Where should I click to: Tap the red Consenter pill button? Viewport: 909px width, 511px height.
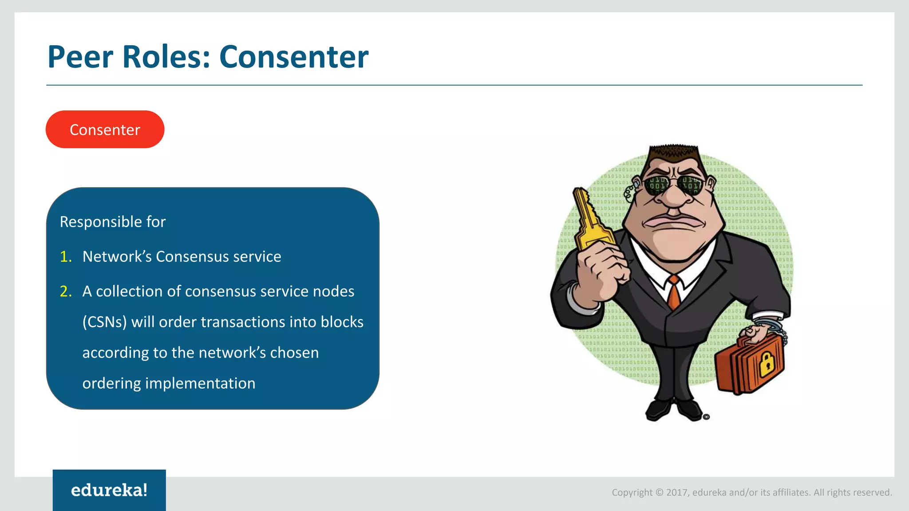click(x=105, y=130)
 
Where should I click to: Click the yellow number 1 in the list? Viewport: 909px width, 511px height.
click(x=66, y=256)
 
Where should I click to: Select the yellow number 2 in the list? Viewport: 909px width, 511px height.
click(x=66, y=291)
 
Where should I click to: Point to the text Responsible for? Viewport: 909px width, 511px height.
click(x=113, y=222)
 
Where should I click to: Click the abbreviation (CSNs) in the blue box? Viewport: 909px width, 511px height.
click(x=105, y=322)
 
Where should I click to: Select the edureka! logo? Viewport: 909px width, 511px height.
click(x=109, y=490)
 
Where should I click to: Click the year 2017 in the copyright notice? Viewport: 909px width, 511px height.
click(x=676, y=492)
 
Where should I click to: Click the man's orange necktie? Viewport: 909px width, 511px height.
click(x=674, y=293)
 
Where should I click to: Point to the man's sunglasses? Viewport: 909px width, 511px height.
click(x=674, y=184)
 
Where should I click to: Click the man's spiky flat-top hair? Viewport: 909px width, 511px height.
click(x=674, y=153)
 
